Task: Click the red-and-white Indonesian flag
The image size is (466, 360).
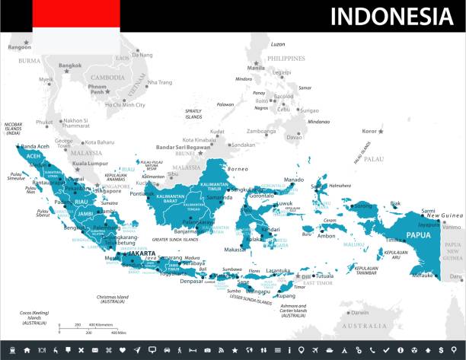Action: pyautogui.click(x=76, y=24)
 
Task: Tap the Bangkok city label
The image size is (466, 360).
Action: pyautogui.click(x=70, y=65)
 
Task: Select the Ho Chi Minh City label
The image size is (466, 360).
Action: pyautogui.click(x=125, y=104)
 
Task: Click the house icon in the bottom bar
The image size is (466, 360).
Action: pyautogui.click(x=27, y=350)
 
